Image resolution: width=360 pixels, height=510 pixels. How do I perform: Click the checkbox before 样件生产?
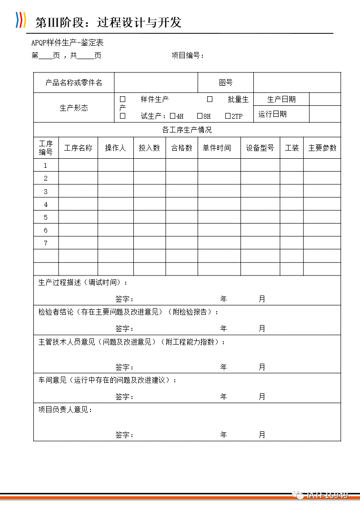click(x=122, y=100)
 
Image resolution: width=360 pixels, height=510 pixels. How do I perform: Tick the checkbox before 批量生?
click(x=210, y=100)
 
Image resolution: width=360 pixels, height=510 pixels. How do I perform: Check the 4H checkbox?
click(x=172, y=116)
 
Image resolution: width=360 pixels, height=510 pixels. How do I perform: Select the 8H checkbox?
click(x=200, y=116)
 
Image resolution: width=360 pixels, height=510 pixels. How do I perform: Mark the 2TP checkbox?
click(x=228, y=116)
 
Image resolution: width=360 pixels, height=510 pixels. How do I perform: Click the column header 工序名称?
click(x=78, y=148)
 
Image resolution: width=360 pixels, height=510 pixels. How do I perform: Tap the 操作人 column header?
click(x=115, y=148)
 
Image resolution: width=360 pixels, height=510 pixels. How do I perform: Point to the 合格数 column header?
click(x=181, y=148)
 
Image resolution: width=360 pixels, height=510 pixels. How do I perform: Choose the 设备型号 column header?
click(x=260, y=148)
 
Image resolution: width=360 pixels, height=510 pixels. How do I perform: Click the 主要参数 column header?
click(x=322, y=148)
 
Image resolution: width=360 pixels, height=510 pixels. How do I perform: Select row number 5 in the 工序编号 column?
click(x=46, y=217)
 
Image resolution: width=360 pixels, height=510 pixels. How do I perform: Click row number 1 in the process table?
click(x=46, y=165)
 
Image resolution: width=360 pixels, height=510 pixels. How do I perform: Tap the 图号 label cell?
click(x=226, y=82)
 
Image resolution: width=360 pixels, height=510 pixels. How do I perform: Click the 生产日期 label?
click(x=281, y=99)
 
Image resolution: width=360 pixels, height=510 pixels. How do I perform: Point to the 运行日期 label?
click(x=272, y=114)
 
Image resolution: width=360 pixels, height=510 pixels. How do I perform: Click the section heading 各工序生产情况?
click(x=187, y=130)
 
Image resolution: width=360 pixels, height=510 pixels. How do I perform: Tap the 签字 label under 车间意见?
click(x=124, y=397)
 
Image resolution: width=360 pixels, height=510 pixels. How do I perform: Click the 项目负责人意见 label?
click(x=65, y=409)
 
